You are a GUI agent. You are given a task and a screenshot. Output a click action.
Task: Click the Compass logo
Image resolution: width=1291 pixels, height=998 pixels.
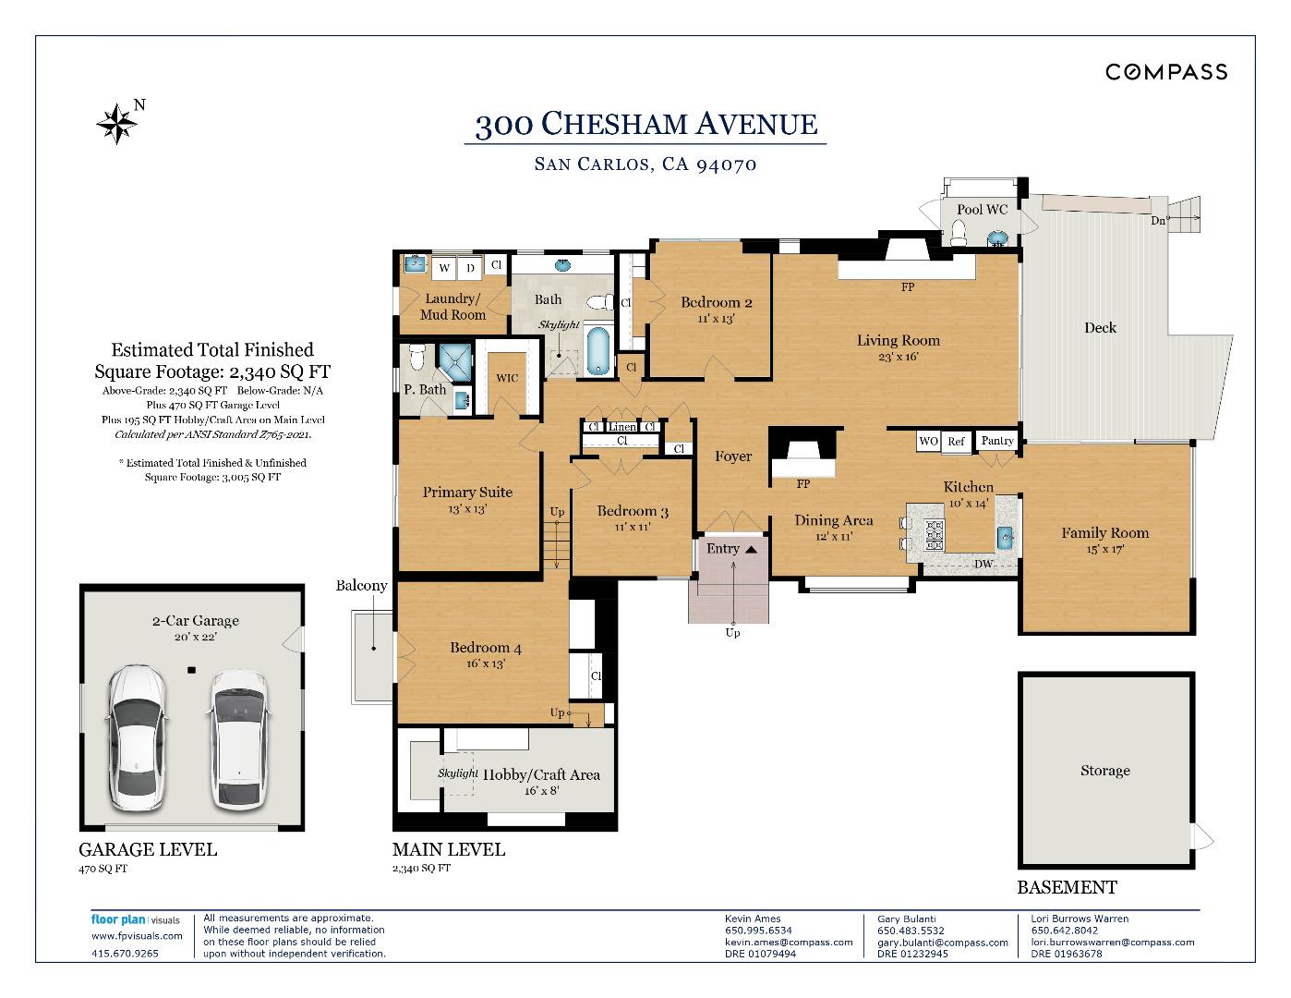(1165, 72)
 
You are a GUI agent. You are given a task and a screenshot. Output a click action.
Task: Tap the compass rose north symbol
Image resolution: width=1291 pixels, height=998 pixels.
(117, 124)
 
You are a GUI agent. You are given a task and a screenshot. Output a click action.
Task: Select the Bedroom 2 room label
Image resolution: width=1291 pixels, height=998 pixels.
(716, 302)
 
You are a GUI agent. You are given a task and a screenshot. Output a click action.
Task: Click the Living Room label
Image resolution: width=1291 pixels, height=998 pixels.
(899, 341)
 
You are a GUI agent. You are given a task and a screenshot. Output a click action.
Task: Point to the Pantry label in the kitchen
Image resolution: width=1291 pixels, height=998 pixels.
(997, 441)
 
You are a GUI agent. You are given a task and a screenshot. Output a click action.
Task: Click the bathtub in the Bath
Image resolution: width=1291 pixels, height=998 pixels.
(597, 351)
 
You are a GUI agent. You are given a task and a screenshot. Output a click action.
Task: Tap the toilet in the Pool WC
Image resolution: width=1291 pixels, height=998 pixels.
(959, 233)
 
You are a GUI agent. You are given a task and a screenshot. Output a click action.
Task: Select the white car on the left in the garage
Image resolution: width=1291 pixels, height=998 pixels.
(137, 737)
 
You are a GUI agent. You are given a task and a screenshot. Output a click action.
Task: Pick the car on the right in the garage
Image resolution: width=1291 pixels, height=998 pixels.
(239, 740)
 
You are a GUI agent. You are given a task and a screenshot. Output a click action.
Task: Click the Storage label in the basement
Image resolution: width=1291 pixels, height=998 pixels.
(1105, 771)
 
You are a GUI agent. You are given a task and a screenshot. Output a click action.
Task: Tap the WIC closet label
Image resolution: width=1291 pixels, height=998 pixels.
(507, 378)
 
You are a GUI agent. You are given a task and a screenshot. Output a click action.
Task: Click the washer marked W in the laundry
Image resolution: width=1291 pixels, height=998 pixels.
(444, 268)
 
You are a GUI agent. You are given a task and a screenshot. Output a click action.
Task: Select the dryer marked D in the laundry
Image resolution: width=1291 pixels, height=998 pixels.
(470, 268)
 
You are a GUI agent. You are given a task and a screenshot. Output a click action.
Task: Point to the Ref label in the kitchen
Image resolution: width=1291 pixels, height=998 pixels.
(956, 442)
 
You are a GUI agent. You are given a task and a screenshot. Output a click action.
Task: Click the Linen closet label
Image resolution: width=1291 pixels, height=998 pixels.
(622, 427)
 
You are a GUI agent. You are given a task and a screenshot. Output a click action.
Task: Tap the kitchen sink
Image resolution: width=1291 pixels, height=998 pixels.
(1006, 537)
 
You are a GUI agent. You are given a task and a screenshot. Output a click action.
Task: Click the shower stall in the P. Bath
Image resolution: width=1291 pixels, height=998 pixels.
(455, 361)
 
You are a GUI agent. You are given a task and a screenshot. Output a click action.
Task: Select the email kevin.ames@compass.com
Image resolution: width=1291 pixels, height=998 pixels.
(789, 943)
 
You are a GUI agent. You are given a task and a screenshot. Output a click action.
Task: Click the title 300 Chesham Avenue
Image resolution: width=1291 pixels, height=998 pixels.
(645, 124)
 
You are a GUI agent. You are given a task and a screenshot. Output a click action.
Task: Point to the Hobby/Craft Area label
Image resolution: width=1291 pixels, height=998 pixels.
(541, 775)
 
